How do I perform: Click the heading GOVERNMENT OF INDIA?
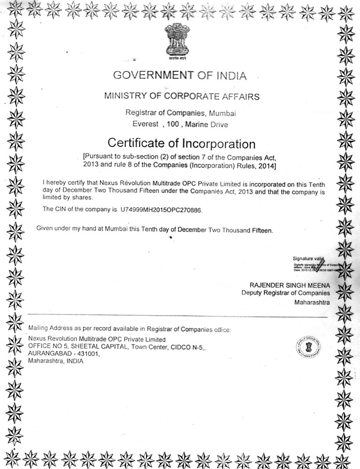pyautogui.click(x=180, y=75)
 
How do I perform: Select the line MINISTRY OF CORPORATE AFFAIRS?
pyautogui.click(x=182, y=96)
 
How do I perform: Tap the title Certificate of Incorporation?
pyautogui.click(x=182, y=144)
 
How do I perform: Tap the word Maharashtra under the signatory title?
pyautogui.click(x=311, y=302)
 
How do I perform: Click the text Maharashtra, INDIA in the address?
pyautogui.click(x=55, y=361)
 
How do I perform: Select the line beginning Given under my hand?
pyautogui.click(x=154, y=229)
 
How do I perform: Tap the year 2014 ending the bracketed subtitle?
pyautogui.click(x=267, y=166)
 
